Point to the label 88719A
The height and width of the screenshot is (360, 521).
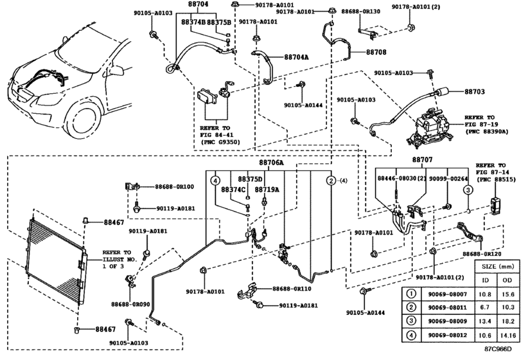click(267, 190)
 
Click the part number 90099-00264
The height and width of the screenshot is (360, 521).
click(448, 178)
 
